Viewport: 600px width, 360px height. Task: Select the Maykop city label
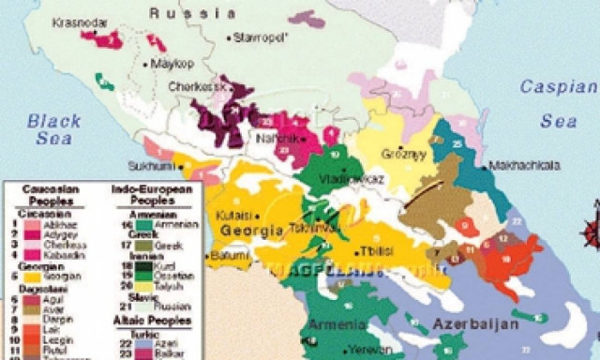(x=176, y=65)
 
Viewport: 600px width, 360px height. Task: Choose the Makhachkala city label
(x=525, y=165)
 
